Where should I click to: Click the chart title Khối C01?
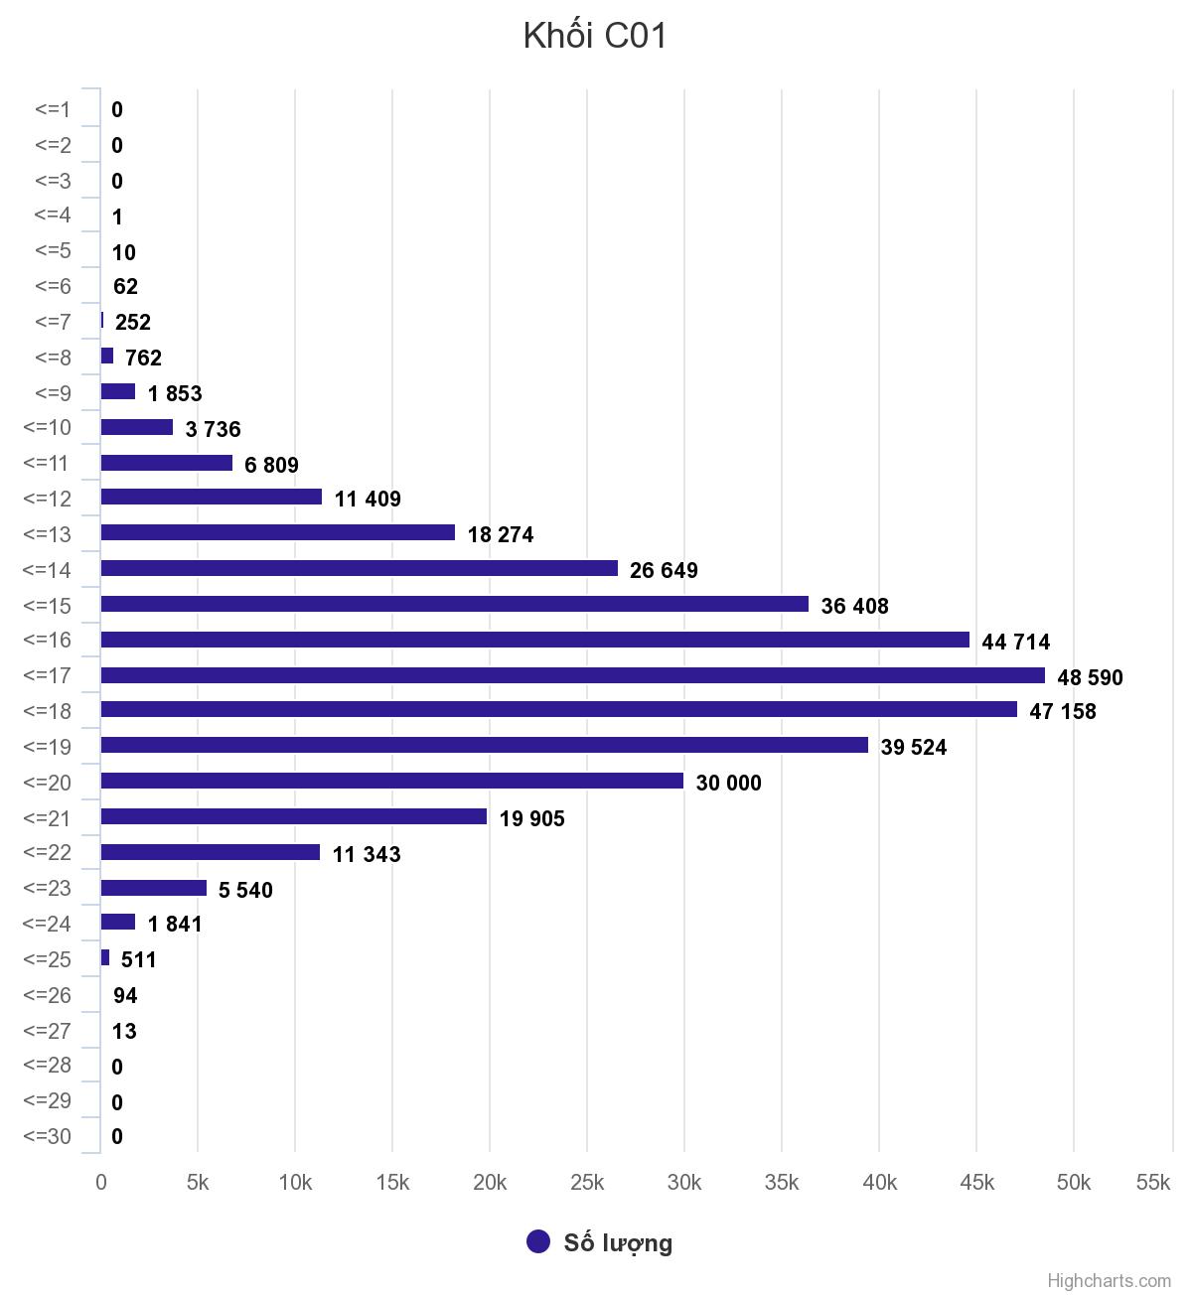coord(595,36)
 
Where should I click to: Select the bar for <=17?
coord(572,675)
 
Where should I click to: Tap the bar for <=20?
coord(391,781)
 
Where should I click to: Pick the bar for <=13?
coord(277,532)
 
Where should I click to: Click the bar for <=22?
coord(210,852)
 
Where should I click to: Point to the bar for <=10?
coord(136,427)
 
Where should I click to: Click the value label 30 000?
coord(728,783)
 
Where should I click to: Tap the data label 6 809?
coord(271,465)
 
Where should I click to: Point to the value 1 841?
coord(175,924)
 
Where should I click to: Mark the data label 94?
coord(125,995)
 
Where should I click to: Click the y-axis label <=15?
coord(47,606)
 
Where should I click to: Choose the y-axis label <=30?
coord(47,1136)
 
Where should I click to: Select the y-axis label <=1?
coord(53,109)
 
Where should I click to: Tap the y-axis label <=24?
coord(47,924)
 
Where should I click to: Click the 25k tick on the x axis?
coord(587,1182)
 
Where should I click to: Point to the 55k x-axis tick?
coord(1153,1182)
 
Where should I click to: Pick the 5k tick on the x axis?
coord(198,1182)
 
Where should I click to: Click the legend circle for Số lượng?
coord(538,1241)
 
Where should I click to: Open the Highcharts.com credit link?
coord(1109,1281)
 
